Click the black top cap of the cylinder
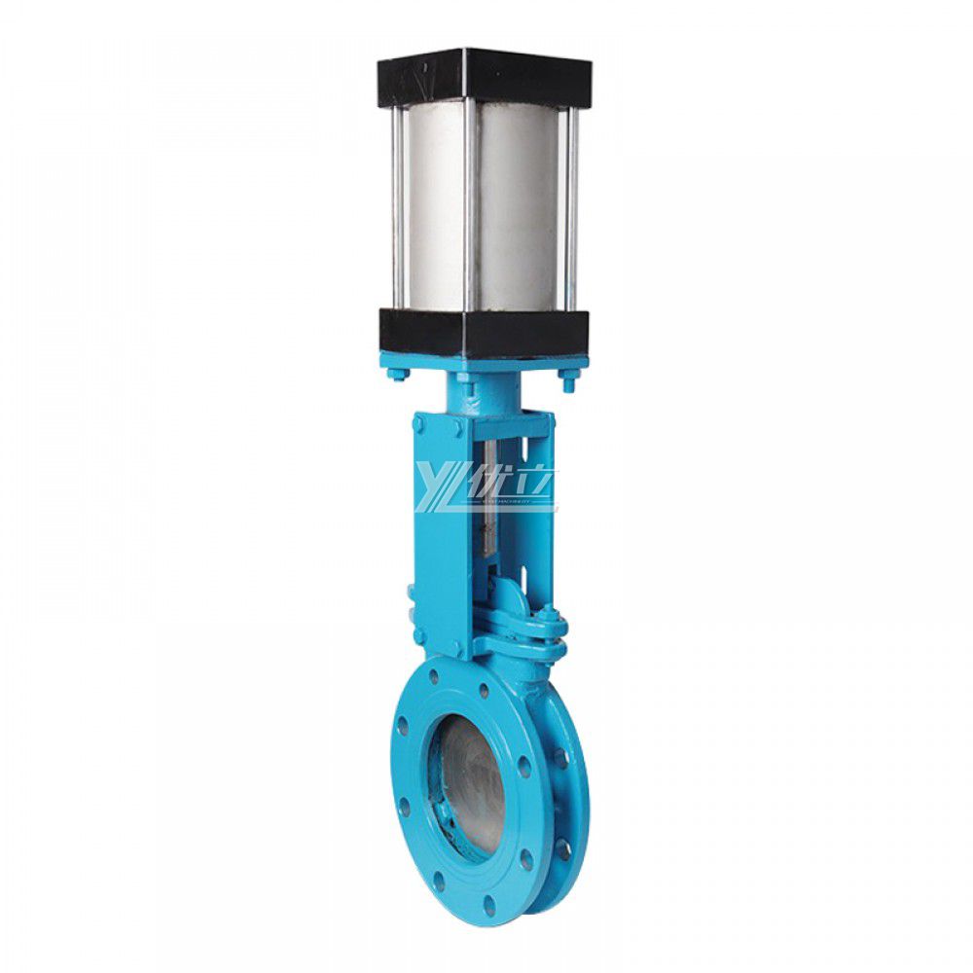pos(484,74)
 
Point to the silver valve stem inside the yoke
pos(490,506)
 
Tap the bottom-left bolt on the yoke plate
pos(418,635)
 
